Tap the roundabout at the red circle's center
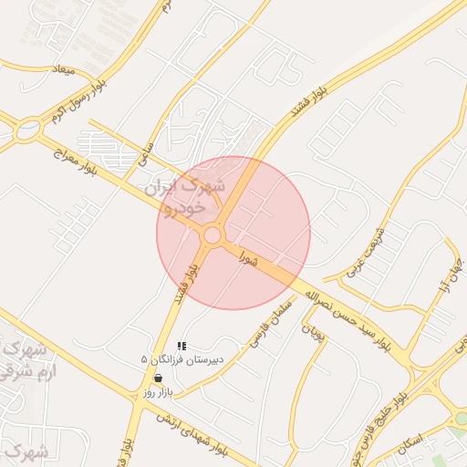[x=213, y=235]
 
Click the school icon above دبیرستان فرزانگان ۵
[x=182, y=347]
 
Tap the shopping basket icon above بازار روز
[x=159, y=378]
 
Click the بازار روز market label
[x=158, y=390]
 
